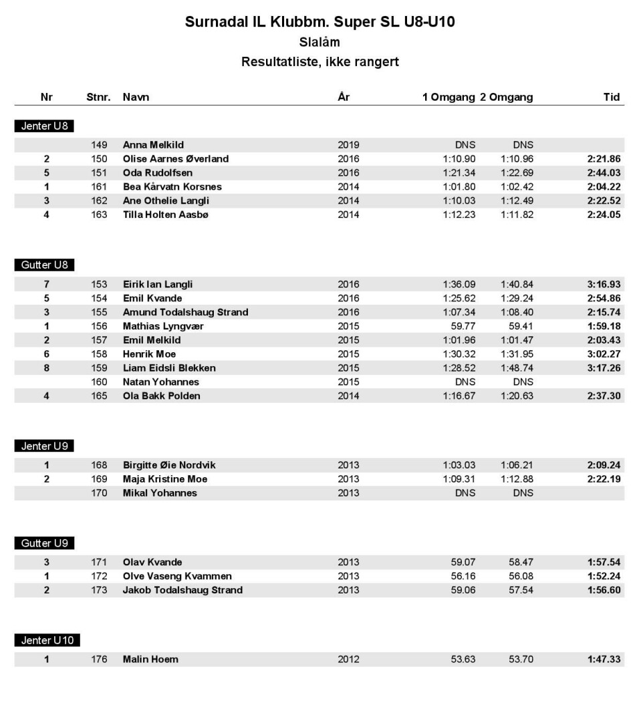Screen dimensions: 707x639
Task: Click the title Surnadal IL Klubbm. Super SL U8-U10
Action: tap(319, 22)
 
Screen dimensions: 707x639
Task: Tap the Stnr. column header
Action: tap(98, 97)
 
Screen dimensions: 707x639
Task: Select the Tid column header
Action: tap(611, 97)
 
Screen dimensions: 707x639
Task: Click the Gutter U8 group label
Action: tap(44, 265)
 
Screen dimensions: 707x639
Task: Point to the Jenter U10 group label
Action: tap(47, 640)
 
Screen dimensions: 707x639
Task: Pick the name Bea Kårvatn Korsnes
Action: tap(172, 186)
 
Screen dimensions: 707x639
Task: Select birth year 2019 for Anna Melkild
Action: tap(348, 144)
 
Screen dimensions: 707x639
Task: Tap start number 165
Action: tap(99, 396)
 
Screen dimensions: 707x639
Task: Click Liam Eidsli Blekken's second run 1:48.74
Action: tap(517, 368)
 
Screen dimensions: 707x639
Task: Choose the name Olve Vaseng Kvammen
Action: tap(177, 576)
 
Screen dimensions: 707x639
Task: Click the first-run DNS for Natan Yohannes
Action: tap(465, 382)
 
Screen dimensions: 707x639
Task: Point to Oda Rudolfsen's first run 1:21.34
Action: tap(459, 172)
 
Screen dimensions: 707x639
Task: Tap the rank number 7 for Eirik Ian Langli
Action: tap(46, 284)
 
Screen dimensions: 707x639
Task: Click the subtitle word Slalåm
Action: tap(319, 43)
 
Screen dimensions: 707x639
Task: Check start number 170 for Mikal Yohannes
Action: tap(99, 493)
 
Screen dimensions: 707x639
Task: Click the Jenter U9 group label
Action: tap(44, 446)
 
